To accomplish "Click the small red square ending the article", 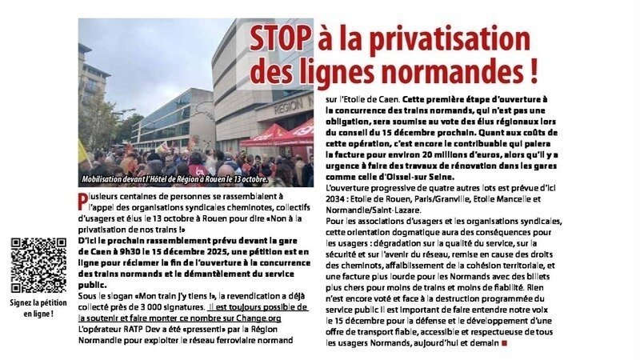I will (504, 343).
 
